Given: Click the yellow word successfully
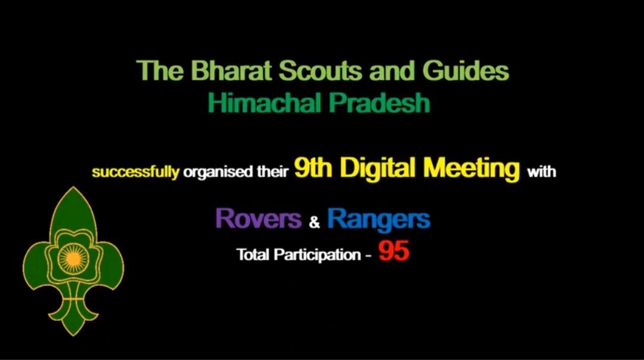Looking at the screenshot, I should (x=135, y=173).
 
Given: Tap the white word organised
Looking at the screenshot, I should (x=213, y=173).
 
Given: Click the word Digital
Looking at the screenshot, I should (x=378, y=170).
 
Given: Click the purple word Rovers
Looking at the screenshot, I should (x=258, y=219).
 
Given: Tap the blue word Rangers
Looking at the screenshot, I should (x=378, y=220).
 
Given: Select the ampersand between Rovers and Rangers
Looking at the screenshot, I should (x=315, y=224).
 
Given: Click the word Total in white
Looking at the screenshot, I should (x=253, y=254).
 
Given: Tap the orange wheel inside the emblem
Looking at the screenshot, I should (x=72, y=260).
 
